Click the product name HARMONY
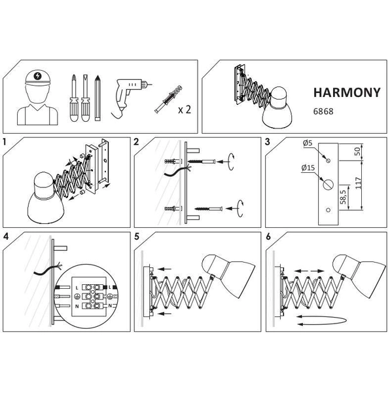pos(341,92)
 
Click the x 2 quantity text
pos(185,109)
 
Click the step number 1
pos(5,141)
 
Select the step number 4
pos(5,236)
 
